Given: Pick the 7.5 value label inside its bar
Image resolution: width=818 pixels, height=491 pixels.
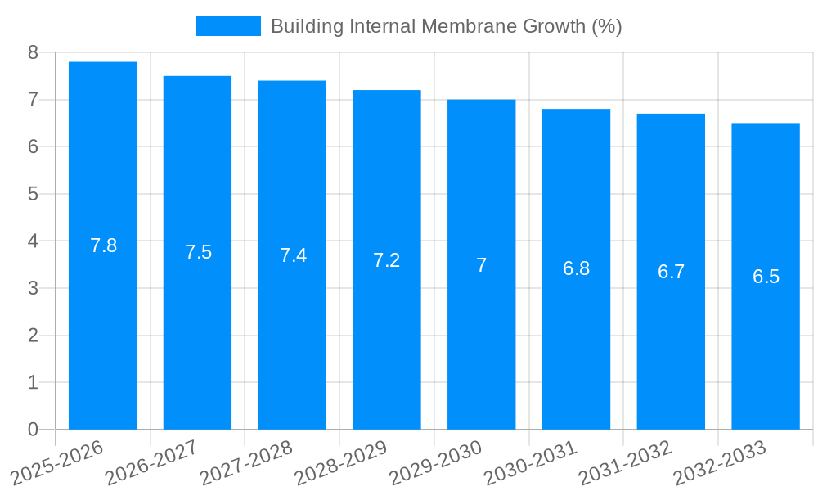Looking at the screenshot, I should [x=198, y=252].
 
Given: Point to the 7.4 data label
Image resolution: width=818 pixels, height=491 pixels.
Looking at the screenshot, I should [x=293, y=255].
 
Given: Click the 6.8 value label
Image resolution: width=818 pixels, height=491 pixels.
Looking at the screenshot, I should [x=576, y=268].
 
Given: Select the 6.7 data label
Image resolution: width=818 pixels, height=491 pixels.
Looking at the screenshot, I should [x=671, y=272].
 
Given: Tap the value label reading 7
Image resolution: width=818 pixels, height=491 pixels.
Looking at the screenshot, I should [x=481, y=265].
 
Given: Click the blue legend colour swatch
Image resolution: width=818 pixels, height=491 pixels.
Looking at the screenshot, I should [x=227, y=26].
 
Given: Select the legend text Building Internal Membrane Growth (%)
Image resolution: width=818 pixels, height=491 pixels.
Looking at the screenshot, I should [x=446, y=26].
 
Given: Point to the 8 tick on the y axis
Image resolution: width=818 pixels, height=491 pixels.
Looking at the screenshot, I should [x=33, y=52].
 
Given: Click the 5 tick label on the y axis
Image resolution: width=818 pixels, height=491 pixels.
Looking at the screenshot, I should [x=33, y=194].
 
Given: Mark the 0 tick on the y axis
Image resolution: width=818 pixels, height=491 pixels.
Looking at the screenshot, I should [x=33, y=430].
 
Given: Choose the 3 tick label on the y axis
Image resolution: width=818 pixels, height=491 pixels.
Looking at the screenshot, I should [x=33, y=288].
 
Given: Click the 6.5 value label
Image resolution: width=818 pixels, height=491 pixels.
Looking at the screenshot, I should [x=766, y=277].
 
